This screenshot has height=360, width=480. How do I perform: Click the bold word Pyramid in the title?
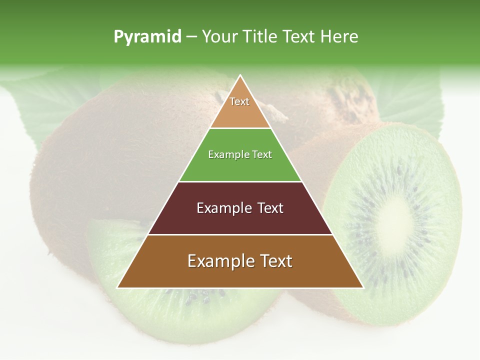(x=147, y=37)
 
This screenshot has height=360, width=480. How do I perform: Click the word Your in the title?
(x=218, y=37)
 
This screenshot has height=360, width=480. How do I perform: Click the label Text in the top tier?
(x=239, y=101)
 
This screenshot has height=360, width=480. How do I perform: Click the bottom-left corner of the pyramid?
(x=118, y=287)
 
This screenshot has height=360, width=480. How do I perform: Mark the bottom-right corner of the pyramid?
(x=362, y=287)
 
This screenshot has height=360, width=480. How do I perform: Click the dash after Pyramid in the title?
(x=191, y=37)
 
